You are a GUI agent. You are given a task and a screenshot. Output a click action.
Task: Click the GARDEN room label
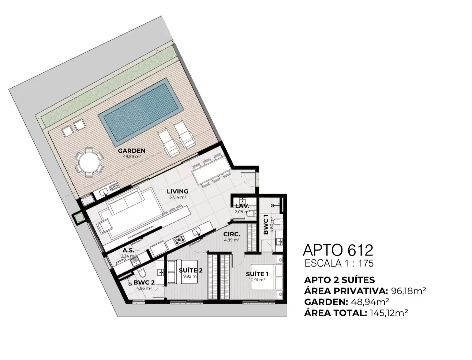(132, 151)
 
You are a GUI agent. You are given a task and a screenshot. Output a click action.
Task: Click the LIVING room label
(177, 191)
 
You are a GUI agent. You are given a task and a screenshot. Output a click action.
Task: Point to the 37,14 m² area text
(177, 197)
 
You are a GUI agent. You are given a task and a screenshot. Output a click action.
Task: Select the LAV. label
(242, 206)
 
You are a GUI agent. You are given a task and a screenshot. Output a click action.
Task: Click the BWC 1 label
(266, 226)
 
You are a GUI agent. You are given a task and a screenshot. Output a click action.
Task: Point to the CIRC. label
(232, 234)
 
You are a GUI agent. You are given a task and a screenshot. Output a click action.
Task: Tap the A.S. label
(128, 250)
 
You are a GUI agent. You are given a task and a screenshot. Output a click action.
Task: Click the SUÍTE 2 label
(191, 270)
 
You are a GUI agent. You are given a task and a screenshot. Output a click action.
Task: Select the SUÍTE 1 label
(257, 274)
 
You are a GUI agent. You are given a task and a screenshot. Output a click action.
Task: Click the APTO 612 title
(338, 250)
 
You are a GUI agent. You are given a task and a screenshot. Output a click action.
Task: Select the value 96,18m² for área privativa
(408, 291)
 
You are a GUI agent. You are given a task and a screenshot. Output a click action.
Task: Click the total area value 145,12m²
(389, 313)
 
